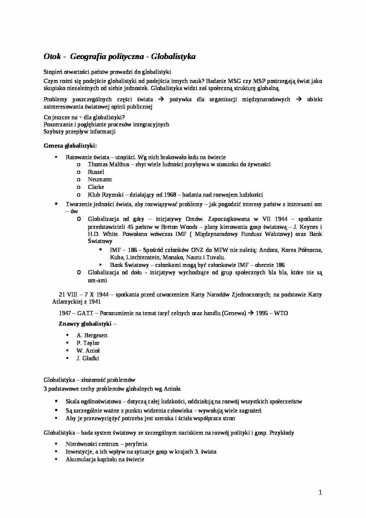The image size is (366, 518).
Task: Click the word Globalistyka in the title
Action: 173,56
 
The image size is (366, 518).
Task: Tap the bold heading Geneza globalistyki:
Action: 70,146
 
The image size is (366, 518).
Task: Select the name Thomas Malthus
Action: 108,164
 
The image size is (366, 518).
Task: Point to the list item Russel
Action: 96,172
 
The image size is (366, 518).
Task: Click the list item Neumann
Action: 100,179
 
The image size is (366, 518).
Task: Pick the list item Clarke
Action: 96,187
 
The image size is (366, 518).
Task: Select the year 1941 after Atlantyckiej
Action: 94,302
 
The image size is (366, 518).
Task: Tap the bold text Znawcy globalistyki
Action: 85,324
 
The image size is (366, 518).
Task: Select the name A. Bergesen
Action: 92,335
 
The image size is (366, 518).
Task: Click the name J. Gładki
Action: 88,358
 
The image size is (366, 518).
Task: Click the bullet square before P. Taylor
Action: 68,343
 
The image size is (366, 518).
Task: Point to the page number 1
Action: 320,493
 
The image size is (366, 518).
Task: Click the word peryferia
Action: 136,444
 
